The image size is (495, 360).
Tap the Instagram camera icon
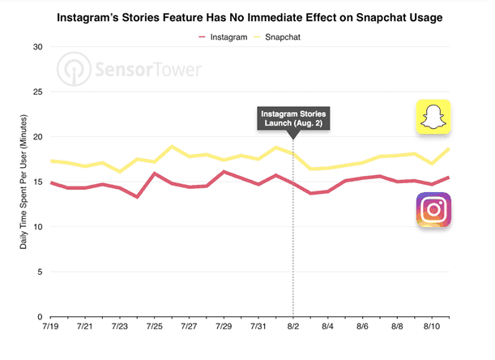tap(434, 210)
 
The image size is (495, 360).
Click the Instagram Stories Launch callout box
tap(293, 117)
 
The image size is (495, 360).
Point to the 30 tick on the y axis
tap(36, 47)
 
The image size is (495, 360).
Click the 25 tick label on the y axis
tap(36, 92)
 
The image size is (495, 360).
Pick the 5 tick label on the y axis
tap(39, 272)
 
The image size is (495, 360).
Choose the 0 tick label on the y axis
tap(39, 317)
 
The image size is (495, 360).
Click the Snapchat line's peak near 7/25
tap(172, 147)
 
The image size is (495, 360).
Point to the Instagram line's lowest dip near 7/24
tap(138, 197)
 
